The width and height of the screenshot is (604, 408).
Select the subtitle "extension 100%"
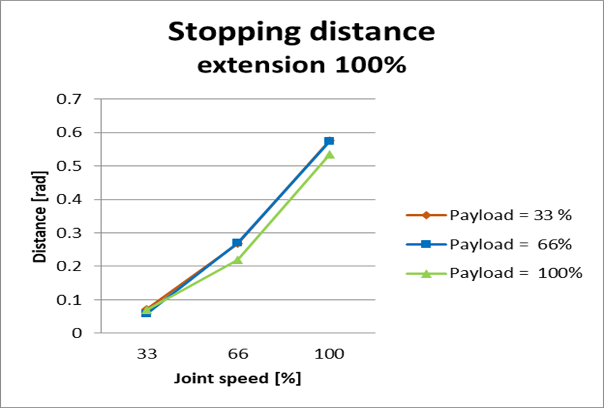click(x=301, y=65)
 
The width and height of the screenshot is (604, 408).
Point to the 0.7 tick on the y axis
click(x=71, y=99)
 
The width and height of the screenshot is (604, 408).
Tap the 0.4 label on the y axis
click(x=71, y=199)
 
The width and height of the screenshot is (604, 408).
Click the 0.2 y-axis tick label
click(x=71, y=266)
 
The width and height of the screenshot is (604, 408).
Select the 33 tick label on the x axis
click(x=146, y=354)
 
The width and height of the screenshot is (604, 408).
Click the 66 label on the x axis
click(x=237, y=354)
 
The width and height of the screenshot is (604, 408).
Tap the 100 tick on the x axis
click(x=329, y=354)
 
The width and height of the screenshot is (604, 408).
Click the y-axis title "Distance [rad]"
click(x=40, y=215)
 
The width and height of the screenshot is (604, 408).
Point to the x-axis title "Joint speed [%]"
click(x=237, y=379)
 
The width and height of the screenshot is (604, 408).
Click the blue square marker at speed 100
click(x=329, y=141)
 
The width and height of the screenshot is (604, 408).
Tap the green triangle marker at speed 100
click(x=329, y=155)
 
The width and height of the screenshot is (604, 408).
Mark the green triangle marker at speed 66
click(x=237, y=260)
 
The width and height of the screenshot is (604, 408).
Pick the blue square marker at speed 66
click(x=237, y=243)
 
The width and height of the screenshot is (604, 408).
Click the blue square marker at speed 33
click(x=146, y=313)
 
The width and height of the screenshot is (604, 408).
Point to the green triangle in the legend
click(x=426, y=273)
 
